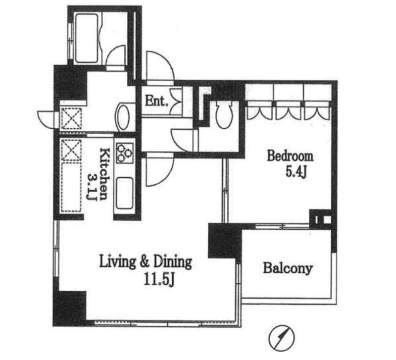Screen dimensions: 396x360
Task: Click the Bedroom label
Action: [x=290, y=156]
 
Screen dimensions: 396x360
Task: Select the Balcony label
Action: [x=288, y=268]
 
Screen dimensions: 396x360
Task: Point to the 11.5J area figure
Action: [x=159, y=280]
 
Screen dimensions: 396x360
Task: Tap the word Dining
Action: [x=173, y=262]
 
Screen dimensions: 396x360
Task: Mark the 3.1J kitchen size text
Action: [x=92, y=187]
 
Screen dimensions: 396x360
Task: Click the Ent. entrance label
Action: [x=156, y=101]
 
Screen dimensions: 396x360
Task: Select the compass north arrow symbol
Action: [x=282, y=338]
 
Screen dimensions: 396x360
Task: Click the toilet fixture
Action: [x=224, y=115]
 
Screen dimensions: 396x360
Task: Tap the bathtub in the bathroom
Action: [x=87, y=38]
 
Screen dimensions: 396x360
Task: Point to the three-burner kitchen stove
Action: [x=125, y=153]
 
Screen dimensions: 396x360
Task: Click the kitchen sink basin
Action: [x=125, y=193]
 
